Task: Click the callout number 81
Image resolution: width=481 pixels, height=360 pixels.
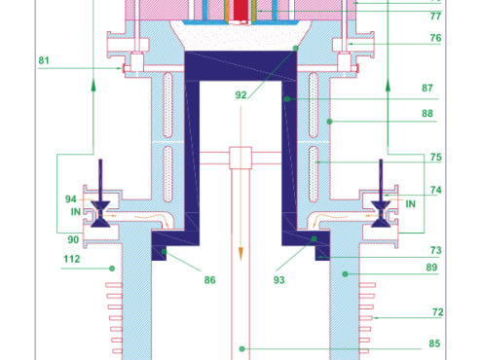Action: pos(44,60)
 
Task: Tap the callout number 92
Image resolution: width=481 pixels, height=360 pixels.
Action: pos(240,95)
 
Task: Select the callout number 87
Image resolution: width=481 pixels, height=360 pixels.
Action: pos(427,88)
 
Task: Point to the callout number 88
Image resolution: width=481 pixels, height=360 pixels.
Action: pos(427,113)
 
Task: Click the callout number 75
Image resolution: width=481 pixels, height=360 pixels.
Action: pos(436,157)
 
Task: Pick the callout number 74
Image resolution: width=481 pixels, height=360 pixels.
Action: pos(436,190)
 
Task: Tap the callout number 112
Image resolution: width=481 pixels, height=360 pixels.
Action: pos(72,259)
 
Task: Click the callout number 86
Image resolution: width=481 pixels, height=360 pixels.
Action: pos(209,280)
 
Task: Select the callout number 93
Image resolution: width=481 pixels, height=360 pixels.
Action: pos(278,280)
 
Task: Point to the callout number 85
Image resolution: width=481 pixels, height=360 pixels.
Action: pos(434,343)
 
